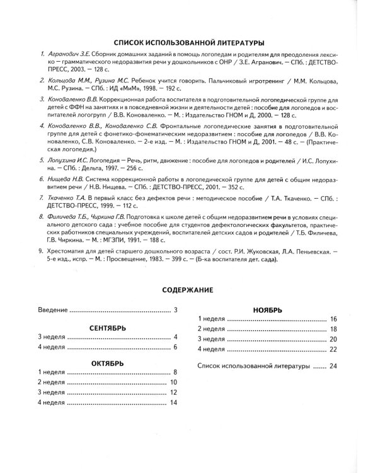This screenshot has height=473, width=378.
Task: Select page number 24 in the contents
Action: (x=333, y=366)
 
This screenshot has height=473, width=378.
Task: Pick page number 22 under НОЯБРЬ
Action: (x=333, y=349)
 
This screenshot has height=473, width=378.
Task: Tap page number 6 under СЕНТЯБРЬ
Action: (x=176, y=347)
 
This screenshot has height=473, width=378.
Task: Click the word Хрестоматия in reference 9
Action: (x=69, y=250)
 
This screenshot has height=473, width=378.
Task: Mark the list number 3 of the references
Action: (x=42, y=101)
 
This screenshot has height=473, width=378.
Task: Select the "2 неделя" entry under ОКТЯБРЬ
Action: (x=52, y=382)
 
